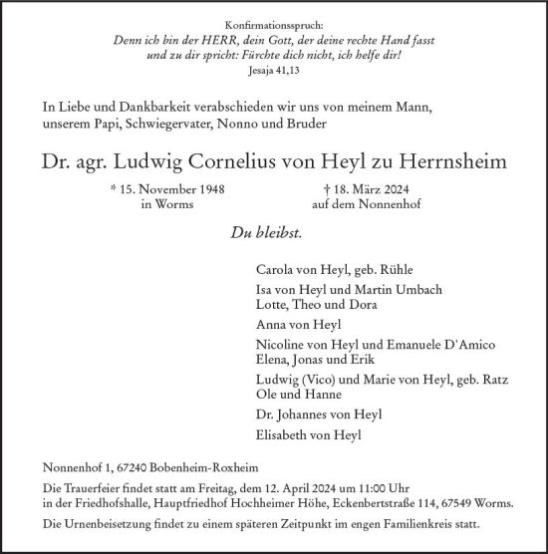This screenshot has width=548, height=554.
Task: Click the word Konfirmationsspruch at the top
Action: [273, 21]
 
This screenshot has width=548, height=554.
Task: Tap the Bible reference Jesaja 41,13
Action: [273, 72]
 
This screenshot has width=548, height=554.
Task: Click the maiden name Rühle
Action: [392, 269]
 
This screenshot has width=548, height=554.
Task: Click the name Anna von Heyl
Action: [298, 324]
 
